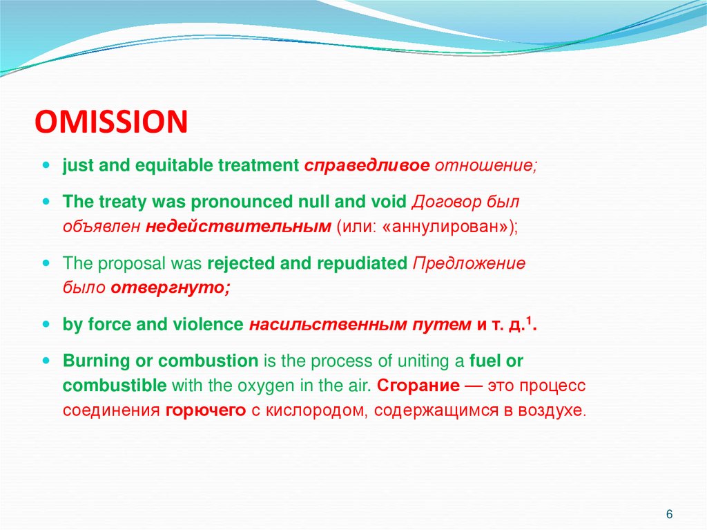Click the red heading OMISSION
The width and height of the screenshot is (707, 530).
[111, 122]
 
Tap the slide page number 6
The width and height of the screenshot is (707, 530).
[669, 515]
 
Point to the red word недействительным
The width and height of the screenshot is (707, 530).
[238, 227]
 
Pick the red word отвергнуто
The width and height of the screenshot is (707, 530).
[170, 287]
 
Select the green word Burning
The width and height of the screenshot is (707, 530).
[90, 360]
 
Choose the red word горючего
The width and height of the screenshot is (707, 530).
[206, 410]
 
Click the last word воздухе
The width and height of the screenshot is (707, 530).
[553, 410]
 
